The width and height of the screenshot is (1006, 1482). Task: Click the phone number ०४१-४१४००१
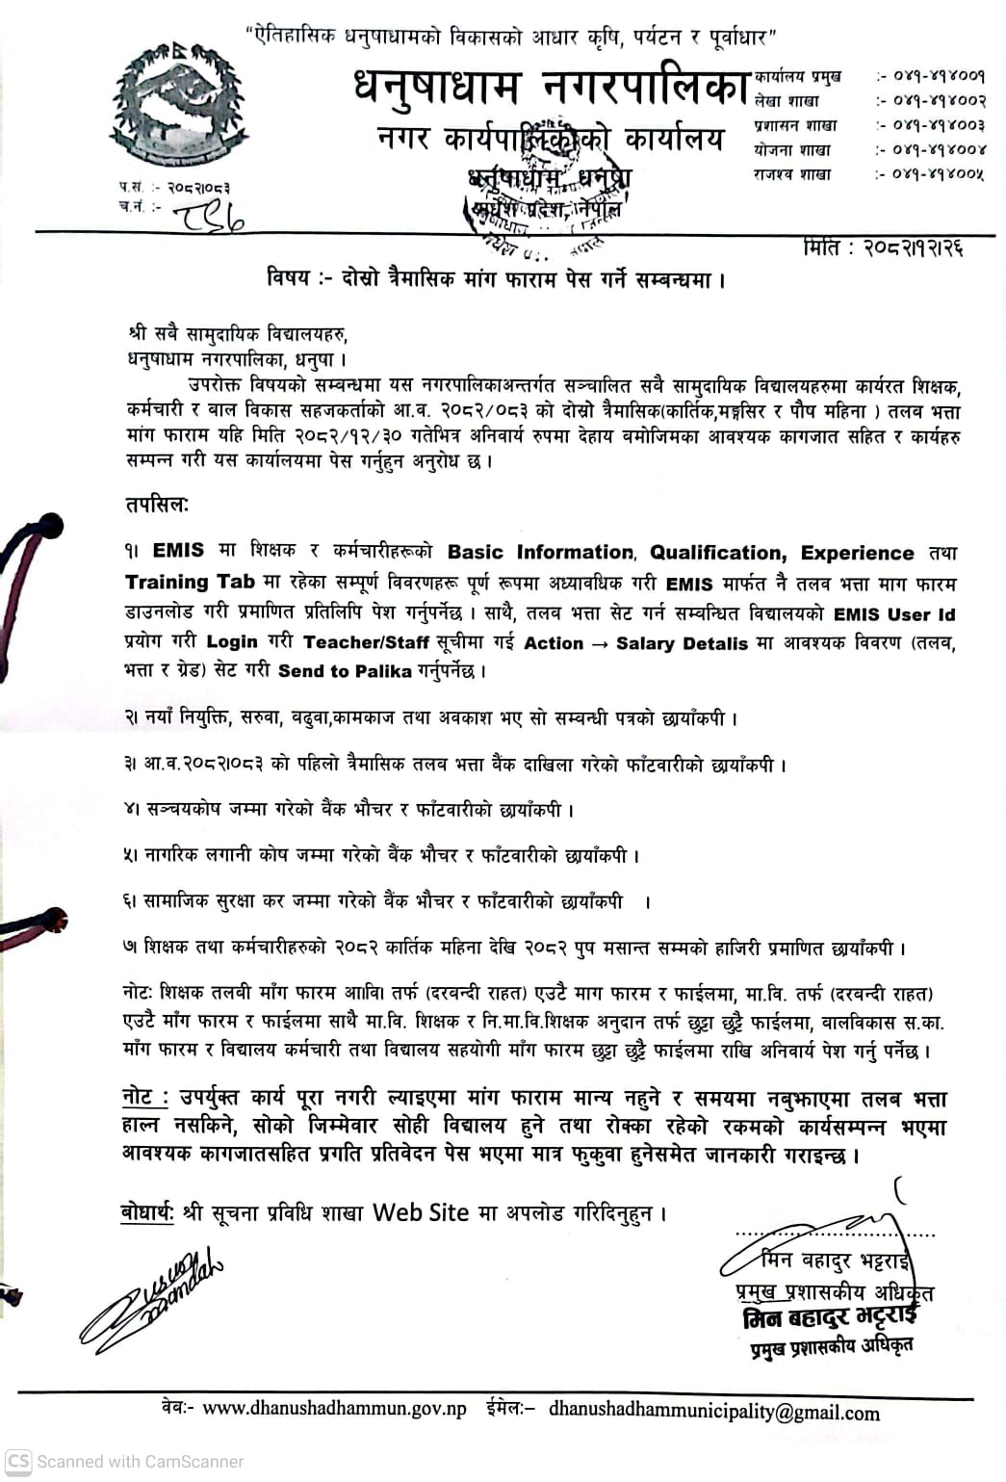(x=930, y=75)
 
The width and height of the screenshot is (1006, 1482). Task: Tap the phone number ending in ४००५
(x=930, y=174)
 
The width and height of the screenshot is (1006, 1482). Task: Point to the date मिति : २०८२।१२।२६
(x=882, y=248)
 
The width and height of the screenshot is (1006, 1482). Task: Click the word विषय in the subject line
(x=288, y=279)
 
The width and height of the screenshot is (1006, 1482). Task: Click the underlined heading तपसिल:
(x=157, y=506)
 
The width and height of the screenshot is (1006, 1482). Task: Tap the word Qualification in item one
(x=717, y=553)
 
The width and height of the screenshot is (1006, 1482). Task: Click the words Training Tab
(x=190, y=583)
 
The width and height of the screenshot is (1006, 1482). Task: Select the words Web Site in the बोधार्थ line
(x=421, y=1212)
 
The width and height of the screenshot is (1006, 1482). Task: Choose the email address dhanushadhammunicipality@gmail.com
(x=713, y=1412)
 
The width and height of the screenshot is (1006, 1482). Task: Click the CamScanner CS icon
(x=18, y=1461)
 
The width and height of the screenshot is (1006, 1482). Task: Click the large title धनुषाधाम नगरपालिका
(x=551, y=88)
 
